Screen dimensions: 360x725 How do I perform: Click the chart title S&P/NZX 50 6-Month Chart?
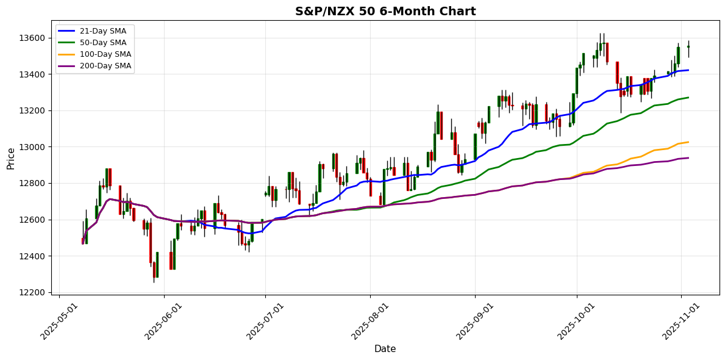(385, 11)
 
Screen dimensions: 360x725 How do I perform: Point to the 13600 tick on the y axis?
(32, 38)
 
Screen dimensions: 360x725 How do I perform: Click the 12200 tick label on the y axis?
(32, 292)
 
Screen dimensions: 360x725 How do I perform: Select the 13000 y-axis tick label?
(32, 147)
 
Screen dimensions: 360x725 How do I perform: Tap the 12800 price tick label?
(32, 183)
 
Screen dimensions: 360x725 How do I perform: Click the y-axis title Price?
(11, 158)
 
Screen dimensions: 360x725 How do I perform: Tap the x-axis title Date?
(385, 349)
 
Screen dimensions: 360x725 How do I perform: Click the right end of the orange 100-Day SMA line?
(688, 142)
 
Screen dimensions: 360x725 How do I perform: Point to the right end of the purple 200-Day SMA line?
(688, 158)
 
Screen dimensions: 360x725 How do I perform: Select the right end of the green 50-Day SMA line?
(688, 98)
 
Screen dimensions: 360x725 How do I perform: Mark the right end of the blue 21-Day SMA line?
(688, 70)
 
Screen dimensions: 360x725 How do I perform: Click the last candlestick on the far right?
(688, 47)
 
